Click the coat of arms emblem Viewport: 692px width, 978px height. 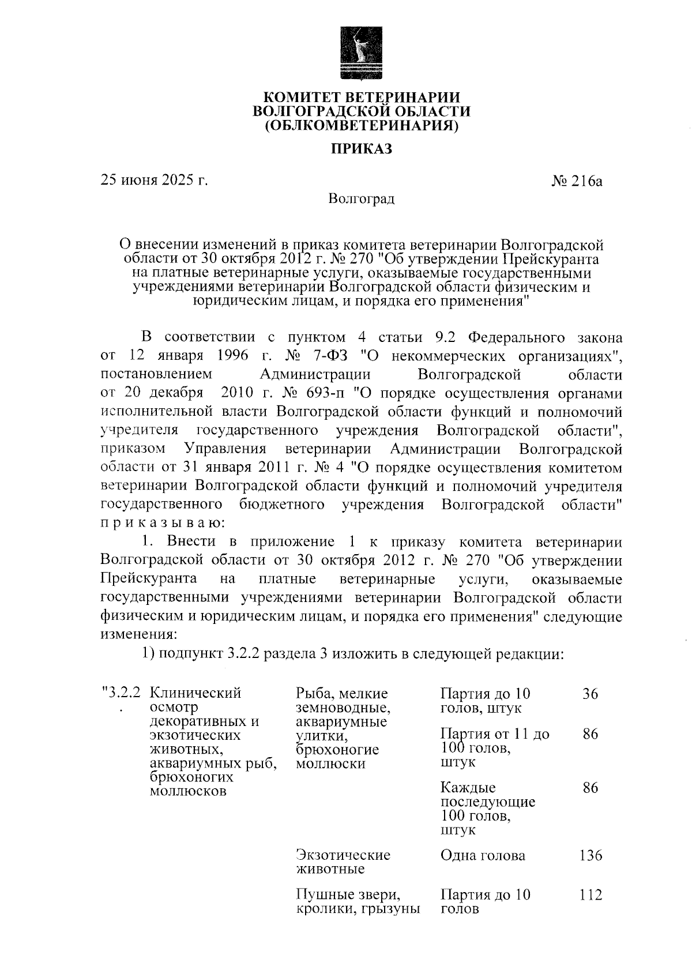click(x=361, y=54)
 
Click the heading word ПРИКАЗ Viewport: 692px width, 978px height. click(x=361, y=149)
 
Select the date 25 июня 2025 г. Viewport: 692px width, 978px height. click(x=154, y=180)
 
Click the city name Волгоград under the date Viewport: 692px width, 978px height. click(x=361, y=200)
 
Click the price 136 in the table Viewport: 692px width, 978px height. click(x=591, y=855)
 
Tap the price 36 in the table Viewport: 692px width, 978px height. click(x=590, y=694)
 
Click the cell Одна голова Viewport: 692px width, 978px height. click(x=483, y=855)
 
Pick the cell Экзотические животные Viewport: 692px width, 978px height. click(x=343, y=862)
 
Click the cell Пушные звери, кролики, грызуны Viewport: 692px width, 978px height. click(x=356, y=902)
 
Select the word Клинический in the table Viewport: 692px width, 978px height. click(x=195, y=693)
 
